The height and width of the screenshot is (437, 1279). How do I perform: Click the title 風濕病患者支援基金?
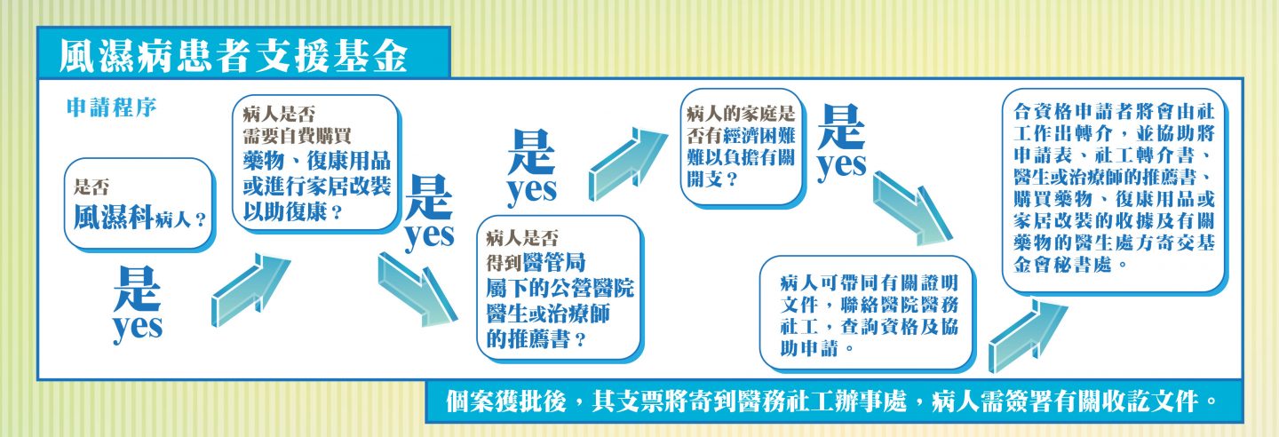(x=233, y=56)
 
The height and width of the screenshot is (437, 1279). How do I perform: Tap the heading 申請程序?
(x=111, y=107)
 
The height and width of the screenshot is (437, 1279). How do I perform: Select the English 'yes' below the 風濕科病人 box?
(x=138, y=328)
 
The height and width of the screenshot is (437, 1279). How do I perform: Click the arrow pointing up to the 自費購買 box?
(x=250, y=290)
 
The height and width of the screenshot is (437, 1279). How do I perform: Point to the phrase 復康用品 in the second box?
(x=348, y=161)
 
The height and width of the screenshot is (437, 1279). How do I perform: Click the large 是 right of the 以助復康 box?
(x=428, y=197)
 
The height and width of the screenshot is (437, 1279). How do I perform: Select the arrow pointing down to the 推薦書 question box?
(x=417, y=290)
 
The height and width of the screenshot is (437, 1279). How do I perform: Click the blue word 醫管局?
(x=554, y=262)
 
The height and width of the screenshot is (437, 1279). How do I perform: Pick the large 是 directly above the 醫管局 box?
(x=531, y=151)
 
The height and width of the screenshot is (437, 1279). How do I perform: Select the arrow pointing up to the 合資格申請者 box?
(x=1028, y=337)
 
